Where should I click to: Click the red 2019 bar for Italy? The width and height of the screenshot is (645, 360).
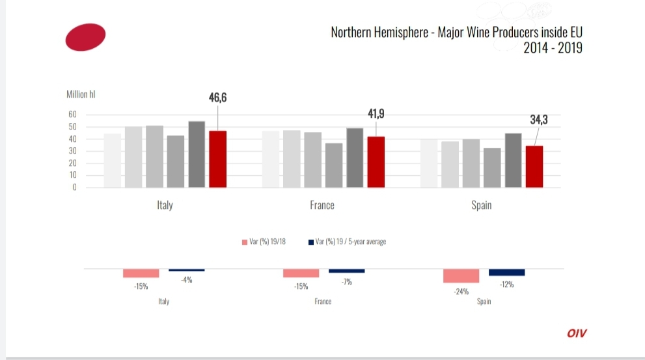[217, 159]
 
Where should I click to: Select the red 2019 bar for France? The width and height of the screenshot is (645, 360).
[376, 161]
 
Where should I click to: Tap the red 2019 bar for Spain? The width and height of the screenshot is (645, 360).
[534, 166]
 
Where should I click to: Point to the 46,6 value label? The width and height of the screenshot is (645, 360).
[217, 98]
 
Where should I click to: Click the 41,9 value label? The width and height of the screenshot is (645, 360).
[376, 114]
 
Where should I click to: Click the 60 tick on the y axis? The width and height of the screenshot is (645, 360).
[72, 115]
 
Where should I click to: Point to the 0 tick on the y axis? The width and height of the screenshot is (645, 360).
[75, 187]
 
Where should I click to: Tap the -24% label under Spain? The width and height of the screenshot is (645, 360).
[461, 292]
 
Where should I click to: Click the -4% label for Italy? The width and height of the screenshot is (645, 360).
[187, 279]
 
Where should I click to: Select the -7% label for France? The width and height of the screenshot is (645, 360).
[346, 281]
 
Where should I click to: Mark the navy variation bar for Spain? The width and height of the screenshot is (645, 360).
[506, 272]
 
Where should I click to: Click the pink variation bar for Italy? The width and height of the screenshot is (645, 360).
[141, 273]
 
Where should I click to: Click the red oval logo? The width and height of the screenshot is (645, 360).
[85, 38]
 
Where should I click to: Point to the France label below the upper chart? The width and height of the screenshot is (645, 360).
[322, 205]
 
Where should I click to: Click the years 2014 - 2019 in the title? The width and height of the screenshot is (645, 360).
[553, 48]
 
